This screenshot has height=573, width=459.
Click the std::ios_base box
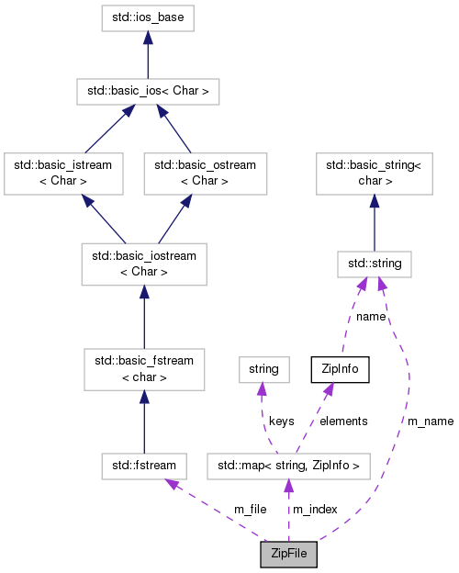(148, 17)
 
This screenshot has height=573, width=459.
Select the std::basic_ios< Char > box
(148, 91)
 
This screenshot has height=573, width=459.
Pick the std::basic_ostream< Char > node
(205, 174)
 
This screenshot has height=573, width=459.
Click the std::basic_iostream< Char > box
(143, 264)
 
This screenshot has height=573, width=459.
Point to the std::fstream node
(144, 466)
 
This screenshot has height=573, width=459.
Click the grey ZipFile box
(289, 555)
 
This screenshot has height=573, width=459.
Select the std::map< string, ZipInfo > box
(288, 466)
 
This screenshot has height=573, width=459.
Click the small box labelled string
(263, 370)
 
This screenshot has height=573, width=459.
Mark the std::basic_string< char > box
(374, 174)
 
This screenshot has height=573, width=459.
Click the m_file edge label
(251, 509)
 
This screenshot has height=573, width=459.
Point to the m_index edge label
(315, 509)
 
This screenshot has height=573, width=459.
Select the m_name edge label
(431, 421)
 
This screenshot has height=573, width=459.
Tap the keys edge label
(282, 421)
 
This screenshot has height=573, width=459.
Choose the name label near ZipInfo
(371, 316)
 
